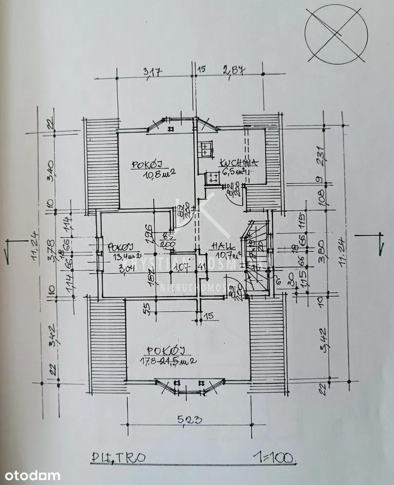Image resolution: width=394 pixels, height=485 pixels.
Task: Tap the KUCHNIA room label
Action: (239, 163)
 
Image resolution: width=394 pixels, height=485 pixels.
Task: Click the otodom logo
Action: (31, 476)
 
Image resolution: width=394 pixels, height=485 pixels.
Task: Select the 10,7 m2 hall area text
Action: (229, 255)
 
